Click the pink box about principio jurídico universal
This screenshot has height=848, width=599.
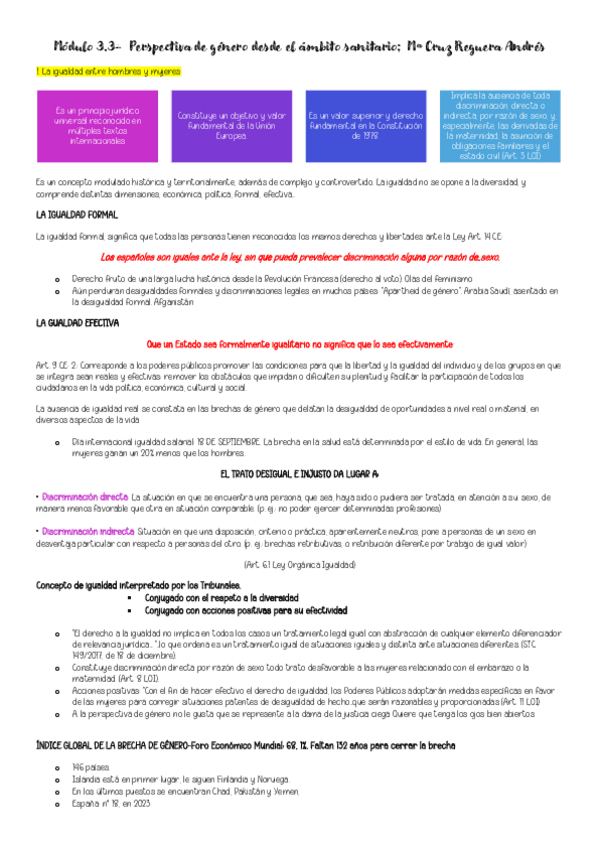click(98, 127)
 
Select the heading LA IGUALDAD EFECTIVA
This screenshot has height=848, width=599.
click(77, 323)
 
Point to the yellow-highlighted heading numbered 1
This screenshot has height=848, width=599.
click(91, 72)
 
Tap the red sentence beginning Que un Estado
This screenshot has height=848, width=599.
click(299, 343)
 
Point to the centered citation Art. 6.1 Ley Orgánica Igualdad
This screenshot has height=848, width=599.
click(299, 565)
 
